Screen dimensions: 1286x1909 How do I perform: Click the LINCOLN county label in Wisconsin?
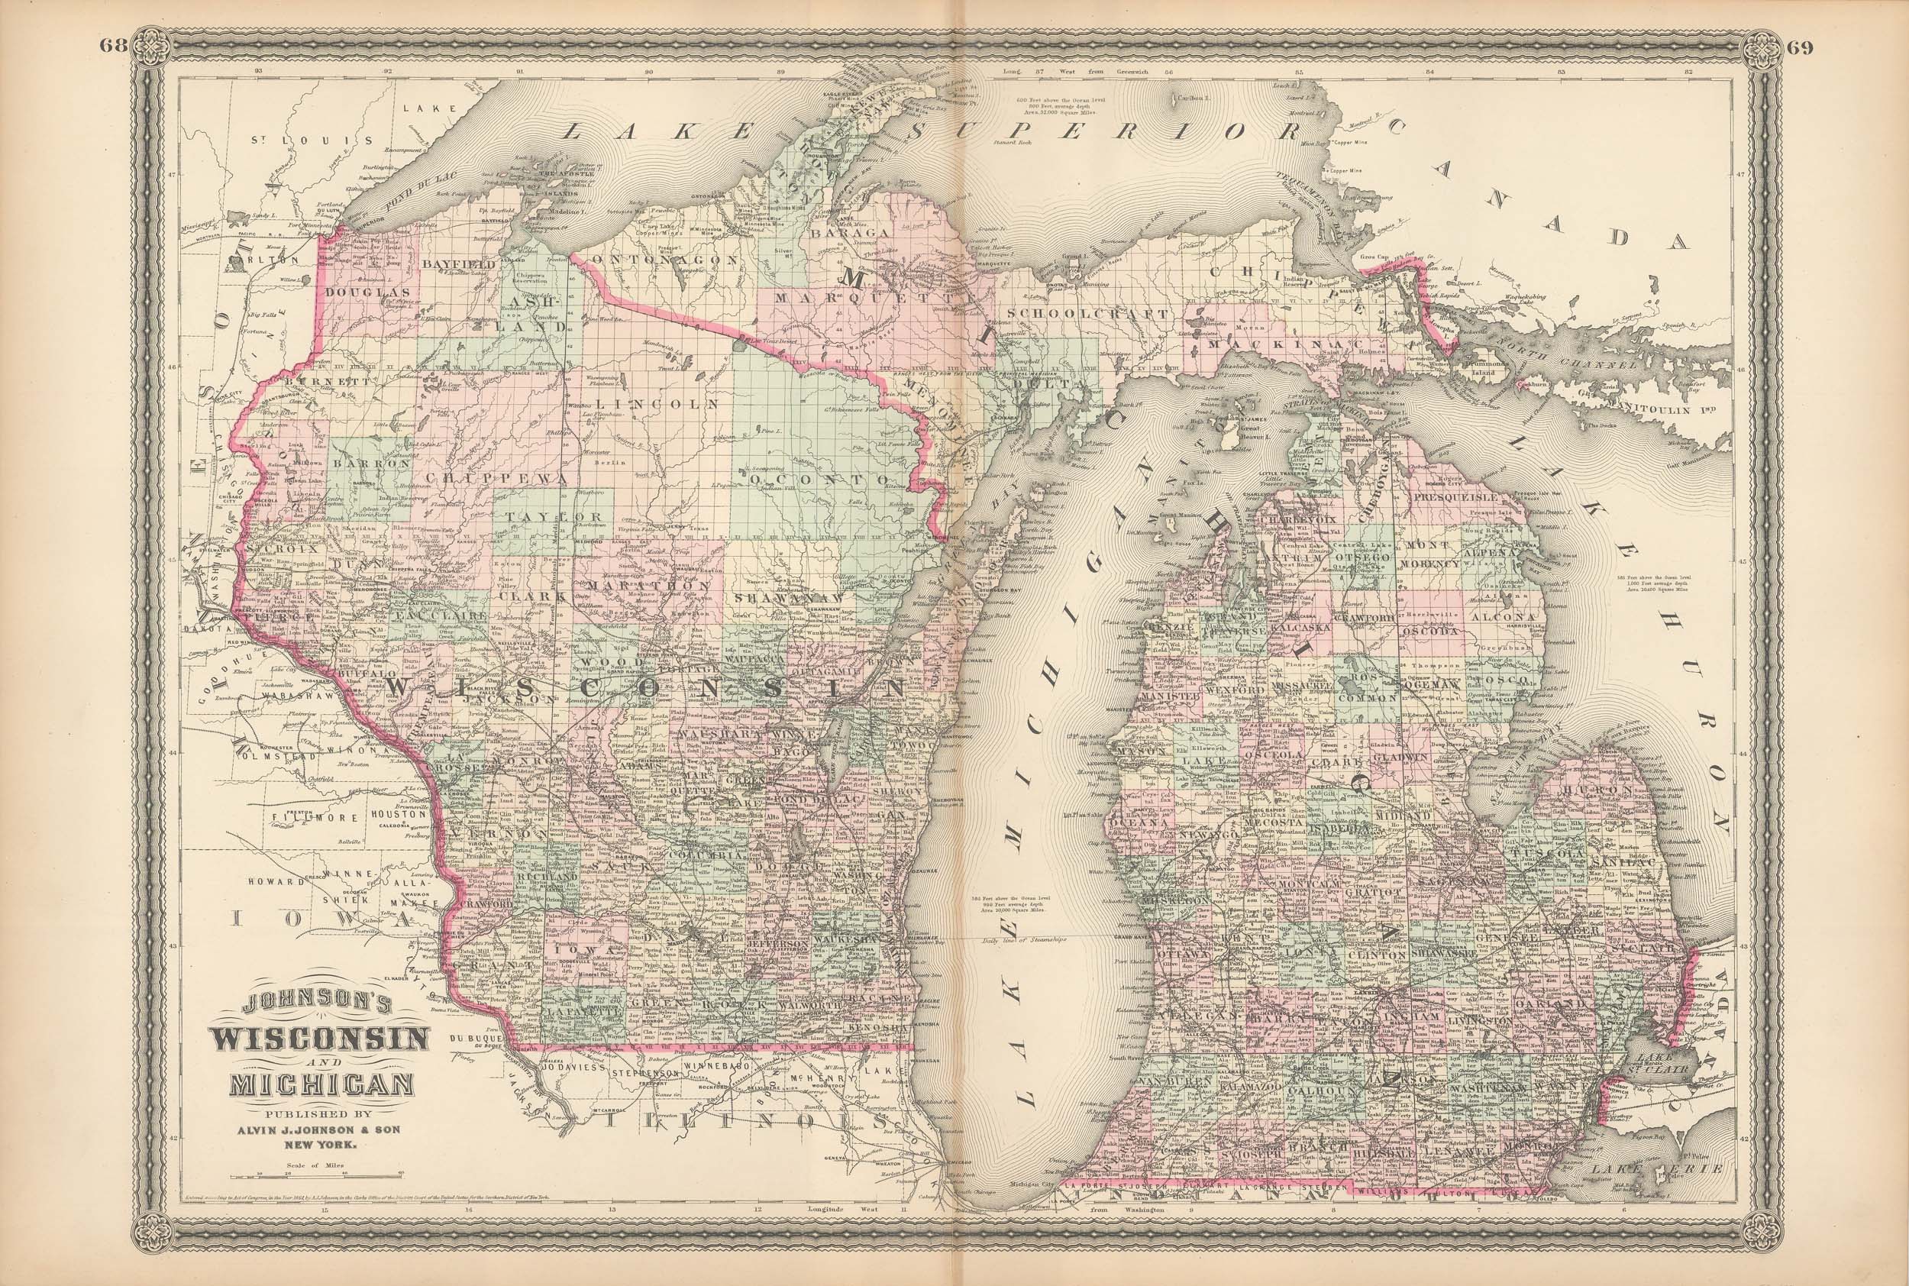tap(658, 404)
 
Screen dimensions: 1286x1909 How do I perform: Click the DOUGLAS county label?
tap(366, 291)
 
